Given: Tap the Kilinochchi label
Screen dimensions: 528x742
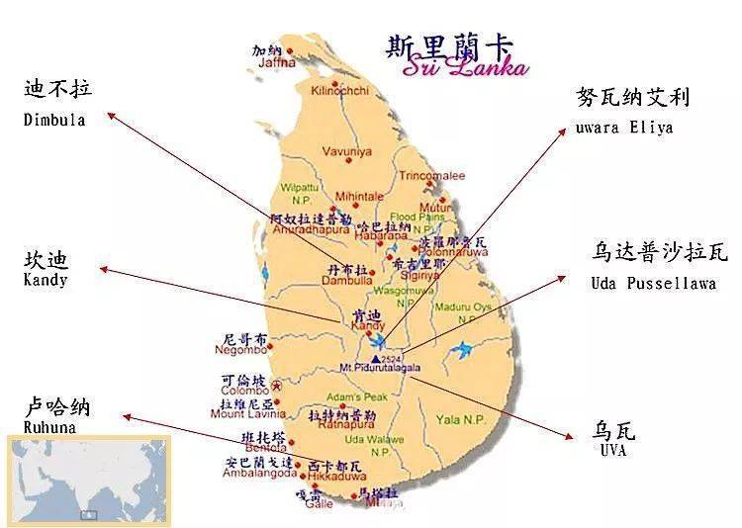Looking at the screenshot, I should point(339,91).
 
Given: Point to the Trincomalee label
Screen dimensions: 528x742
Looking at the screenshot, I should point(431,176).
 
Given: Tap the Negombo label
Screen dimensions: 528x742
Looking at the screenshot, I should point(245,349).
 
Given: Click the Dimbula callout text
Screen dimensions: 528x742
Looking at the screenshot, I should point(54,120).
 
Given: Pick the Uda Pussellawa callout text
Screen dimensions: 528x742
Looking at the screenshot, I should point(645,283).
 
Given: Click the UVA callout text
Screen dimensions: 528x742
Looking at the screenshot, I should point(613,450).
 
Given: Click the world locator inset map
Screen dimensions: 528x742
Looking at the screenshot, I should point(88,480).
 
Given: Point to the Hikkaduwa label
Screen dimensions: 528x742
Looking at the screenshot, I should point(329,476).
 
